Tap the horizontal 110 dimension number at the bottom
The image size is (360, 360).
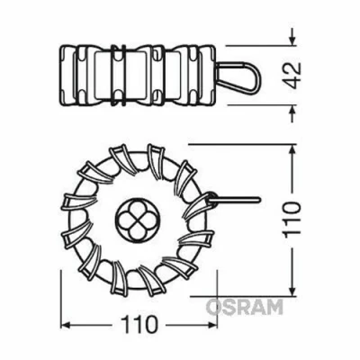137,322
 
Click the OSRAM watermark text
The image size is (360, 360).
244,307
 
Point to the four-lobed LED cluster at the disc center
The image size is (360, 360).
137,214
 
